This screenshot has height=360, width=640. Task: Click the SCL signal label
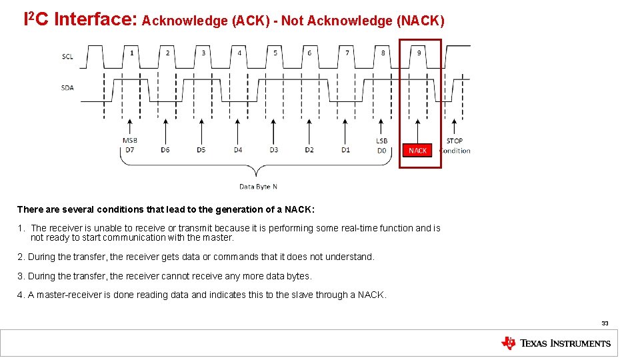click(x=67, y=56)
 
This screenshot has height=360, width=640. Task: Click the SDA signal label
click(x=67, y=87)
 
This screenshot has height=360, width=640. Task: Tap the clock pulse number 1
click(x=131, y=53)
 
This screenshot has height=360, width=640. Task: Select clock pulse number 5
click(x=275, y=53)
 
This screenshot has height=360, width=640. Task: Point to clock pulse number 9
click(x=419, y=53)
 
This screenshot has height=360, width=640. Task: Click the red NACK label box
click(x=418, y=151)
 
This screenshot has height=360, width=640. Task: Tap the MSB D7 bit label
click(x=129, y=145)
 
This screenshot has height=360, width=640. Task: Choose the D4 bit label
click(x=238, y=150)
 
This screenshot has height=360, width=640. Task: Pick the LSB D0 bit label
click(x=381, y=145)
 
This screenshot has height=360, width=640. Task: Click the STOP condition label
click(x=455, y=145)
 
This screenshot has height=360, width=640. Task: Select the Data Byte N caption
click(x=258, y=187)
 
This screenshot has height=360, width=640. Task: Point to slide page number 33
click(x=605, y=323)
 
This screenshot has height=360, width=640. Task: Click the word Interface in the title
click(x=95, y=20)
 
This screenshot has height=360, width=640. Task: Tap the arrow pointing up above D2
click(x=309, y=129)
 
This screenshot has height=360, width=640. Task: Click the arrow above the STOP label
click(x=455, y=128)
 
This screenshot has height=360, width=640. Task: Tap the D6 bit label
click(x=165, y=150)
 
